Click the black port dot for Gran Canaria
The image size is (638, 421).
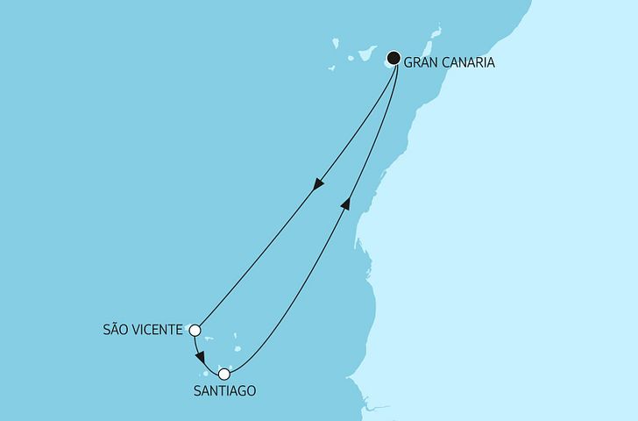tap(394, 59)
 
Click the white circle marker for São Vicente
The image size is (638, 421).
tap(195, 331)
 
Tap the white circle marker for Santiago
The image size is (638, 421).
tap(224, 375)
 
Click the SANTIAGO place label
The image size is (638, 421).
tap(223, 391)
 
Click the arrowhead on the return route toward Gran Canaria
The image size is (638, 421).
tap(346, 203)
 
